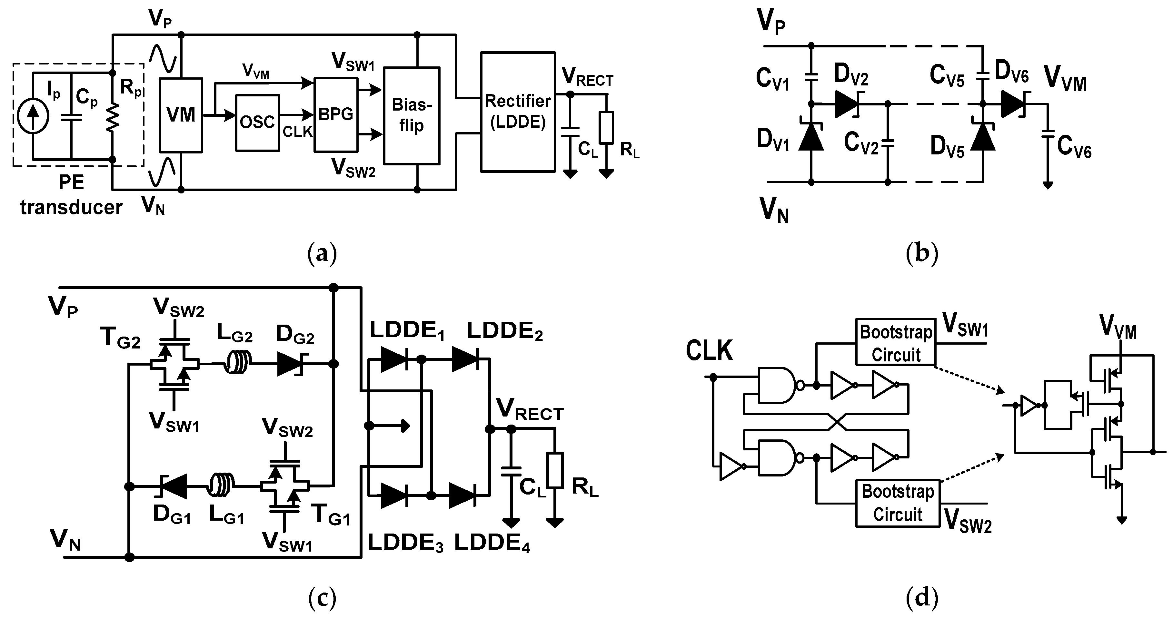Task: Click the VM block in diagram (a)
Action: (181, 115)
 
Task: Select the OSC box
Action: (257, 123)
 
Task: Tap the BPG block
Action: (336, 114)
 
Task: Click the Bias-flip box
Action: (412, 116)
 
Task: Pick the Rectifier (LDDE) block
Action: (518, 112)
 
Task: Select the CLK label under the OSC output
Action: (297, 132)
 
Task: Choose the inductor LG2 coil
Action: (238, 364)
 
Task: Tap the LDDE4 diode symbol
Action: (462, 495)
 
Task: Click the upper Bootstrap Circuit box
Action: (895, 342)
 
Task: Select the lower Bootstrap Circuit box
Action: (898, 503)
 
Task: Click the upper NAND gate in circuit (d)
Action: (777, 385)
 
